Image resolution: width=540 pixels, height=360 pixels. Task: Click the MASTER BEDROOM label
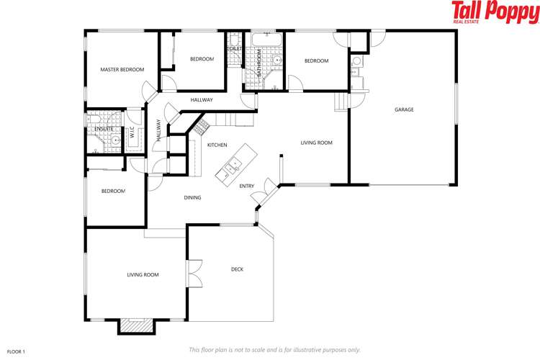coord(122,70)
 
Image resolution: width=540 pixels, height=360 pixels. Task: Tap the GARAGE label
coord(403,109)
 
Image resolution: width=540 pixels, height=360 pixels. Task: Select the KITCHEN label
coord(217,145)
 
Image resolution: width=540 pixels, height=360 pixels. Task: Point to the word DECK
coord(237,269)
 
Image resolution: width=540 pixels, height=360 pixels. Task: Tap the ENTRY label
coord(246,186)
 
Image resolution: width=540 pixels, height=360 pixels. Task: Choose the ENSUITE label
coord(104,129)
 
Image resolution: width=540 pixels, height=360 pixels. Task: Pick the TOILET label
coord(235,49)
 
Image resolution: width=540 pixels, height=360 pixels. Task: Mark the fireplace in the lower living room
coord(136,327)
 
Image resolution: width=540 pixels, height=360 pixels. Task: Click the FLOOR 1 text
coord(16,351)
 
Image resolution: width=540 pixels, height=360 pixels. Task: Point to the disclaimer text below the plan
coord(274,349)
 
